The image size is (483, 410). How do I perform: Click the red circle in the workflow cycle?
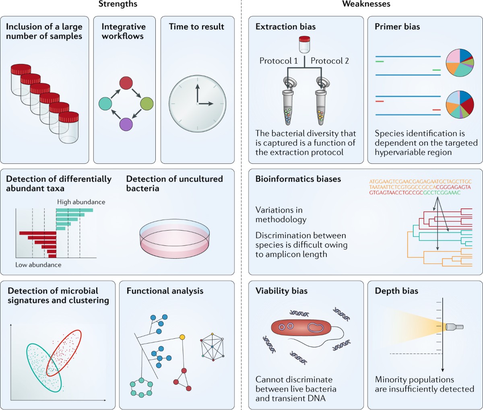126,83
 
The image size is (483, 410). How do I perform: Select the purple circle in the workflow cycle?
126,124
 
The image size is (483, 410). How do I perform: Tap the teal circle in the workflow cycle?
105,104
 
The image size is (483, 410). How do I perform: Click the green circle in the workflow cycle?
147,104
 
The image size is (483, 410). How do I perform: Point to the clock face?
197,104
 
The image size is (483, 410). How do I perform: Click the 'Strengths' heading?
118,4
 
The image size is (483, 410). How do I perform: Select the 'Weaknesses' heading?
366,4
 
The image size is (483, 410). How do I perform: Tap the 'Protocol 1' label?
279,61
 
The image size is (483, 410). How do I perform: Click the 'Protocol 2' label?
330,61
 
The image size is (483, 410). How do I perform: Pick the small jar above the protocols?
305,44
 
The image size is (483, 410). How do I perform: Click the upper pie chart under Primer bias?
460,62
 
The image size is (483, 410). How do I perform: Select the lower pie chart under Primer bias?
460,104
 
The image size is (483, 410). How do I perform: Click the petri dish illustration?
175,239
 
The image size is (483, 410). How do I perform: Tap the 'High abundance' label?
81,202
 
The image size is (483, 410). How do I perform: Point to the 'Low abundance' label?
38,265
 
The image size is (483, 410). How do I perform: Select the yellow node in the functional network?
182,336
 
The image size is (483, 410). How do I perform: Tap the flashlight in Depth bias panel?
454,327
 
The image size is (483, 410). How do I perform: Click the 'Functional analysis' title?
165,291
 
